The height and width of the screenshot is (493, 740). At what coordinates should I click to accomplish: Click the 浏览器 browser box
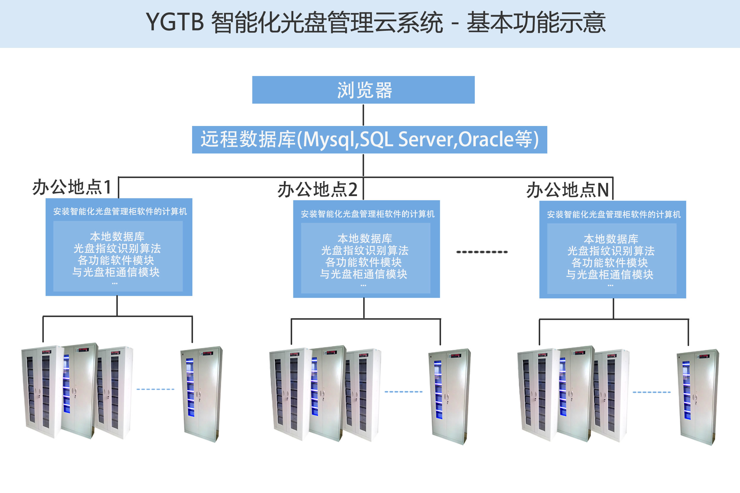coord(363,90)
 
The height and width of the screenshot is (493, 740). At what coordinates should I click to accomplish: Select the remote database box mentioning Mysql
coord(369,140)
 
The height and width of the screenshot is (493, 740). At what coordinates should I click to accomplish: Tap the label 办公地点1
coord(72,187)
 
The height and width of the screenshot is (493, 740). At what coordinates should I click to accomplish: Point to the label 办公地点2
coord(317,190)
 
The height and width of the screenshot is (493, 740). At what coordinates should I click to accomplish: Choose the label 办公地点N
coord(568,190)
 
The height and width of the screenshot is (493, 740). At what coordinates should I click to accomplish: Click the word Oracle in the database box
coord(486,139)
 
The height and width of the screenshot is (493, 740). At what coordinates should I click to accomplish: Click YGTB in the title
coord(175,22)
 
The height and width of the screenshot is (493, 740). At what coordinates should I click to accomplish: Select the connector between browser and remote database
coord(363,115)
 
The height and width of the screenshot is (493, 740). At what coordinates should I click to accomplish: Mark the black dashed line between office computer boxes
coord(482,252)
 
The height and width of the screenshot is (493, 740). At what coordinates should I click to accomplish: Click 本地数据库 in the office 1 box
coord(117,236)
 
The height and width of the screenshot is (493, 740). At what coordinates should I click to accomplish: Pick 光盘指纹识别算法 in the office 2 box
coord(365,250)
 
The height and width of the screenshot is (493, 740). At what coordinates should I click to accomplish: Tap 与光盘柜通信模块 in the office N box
coord(609,274)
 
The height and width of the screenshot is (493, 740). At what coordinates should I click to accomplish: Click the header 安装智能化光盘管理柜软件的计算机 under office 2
coord(367,214)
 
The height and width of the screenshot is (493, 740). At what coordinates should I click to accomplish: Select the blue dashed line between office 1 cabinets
coord(155,389)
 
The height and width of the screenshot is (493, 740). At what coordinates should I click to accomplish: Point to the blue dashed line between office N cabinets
coord(651,392)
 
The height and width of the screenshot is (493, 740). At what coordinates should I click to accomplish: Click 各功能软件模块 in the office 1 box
coord(116,260)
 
